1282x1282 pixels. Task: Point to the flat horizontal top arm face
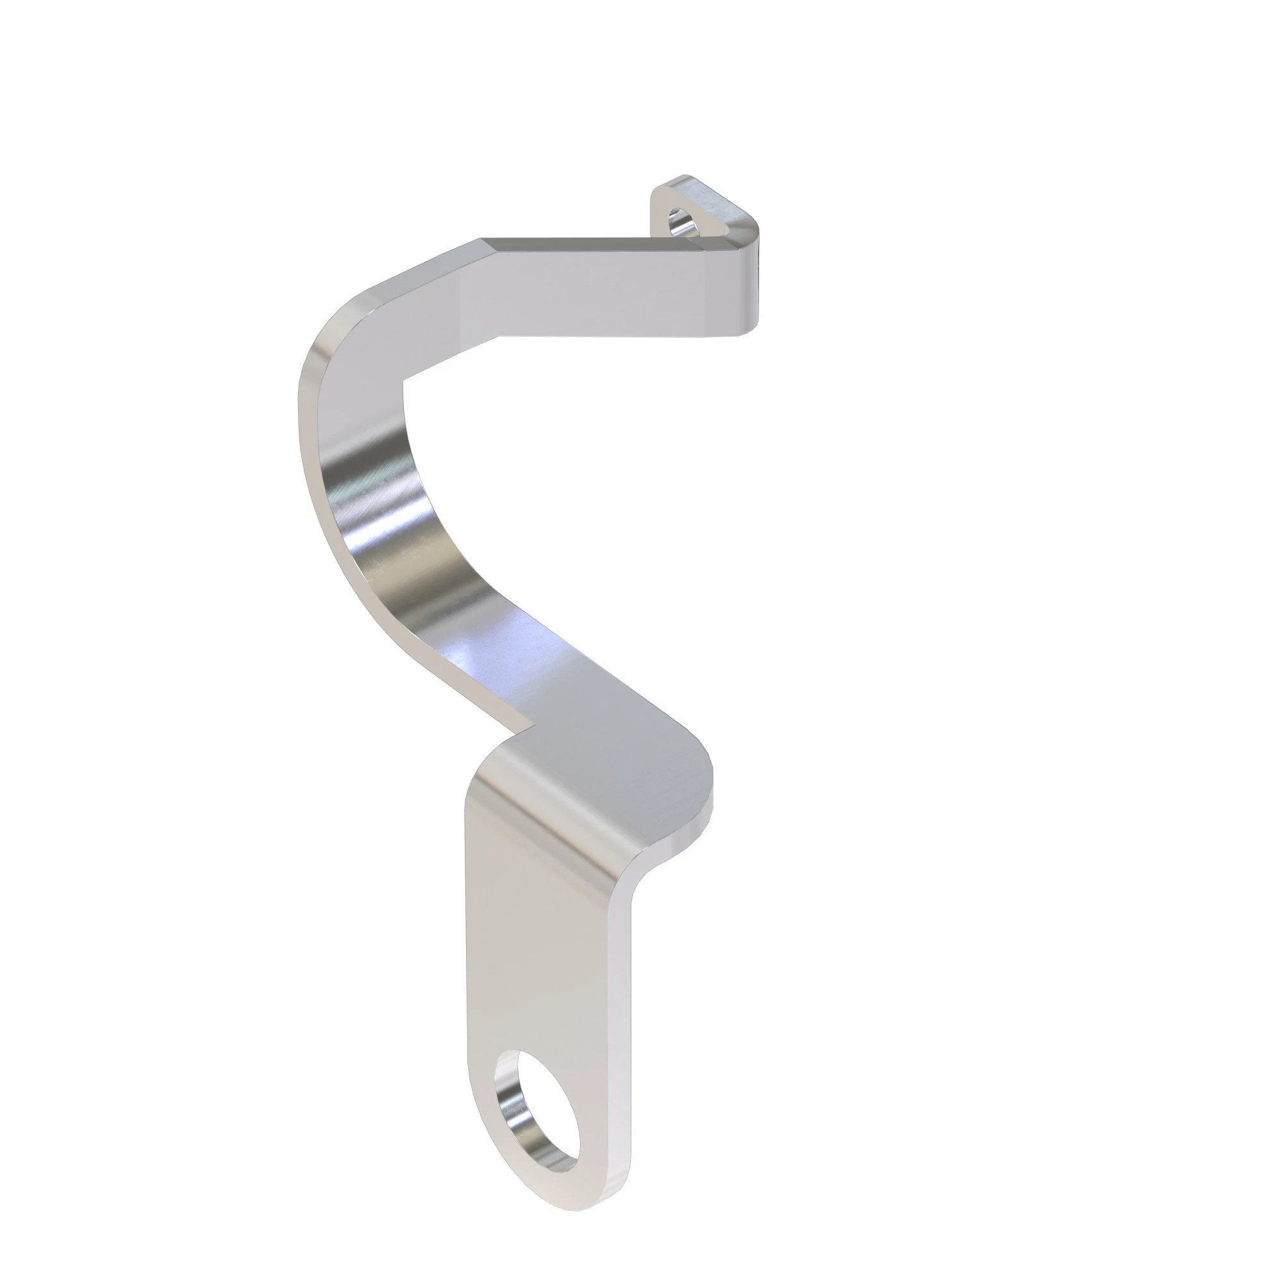pos(597,292)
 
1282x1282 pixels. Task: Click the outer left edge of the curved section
pos(312,465)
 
